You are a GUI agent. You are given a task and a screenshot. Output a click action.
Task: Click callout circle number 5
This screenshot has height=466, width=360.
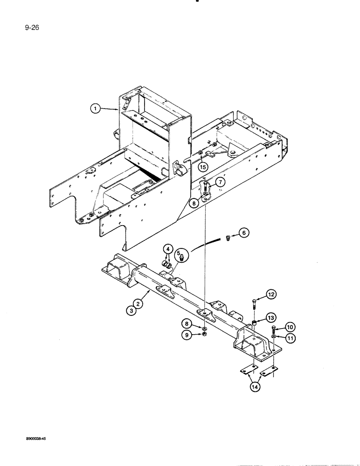[177, 255]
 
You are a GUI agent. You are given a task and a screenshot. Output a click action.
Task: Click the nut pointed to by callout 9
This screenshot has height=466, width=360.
[205, 334]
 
